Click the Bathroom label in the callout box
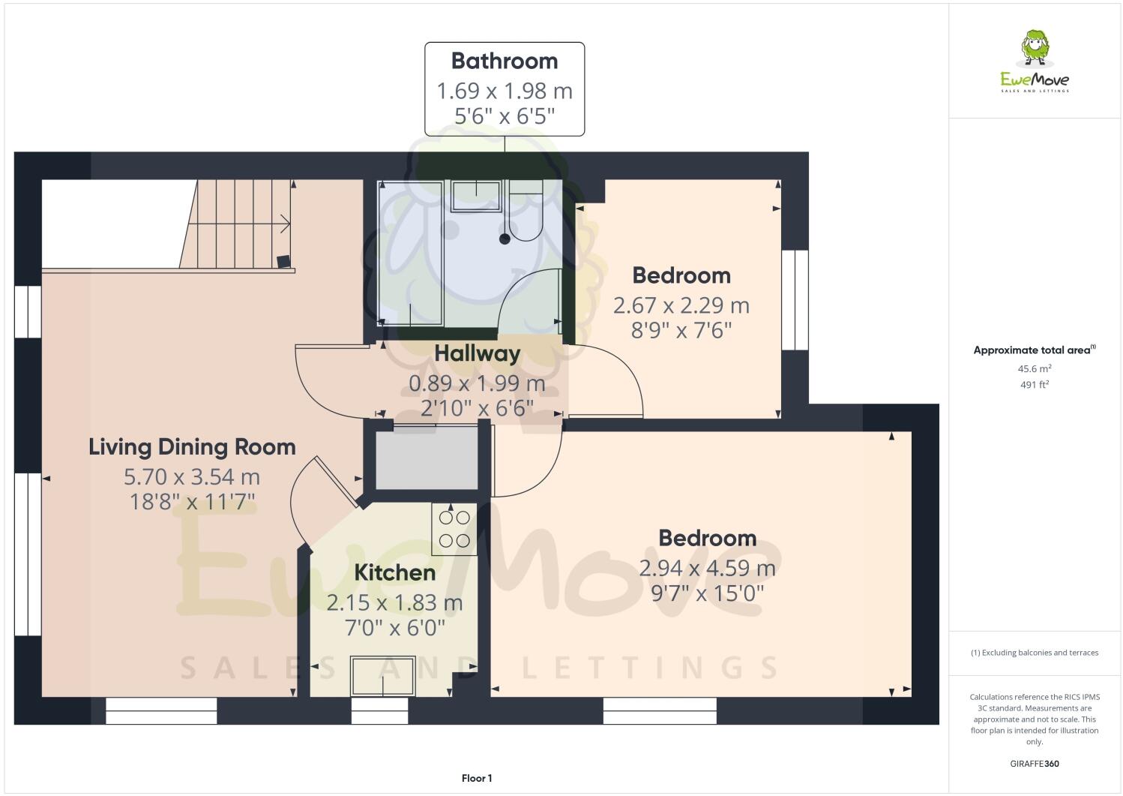point(504,61)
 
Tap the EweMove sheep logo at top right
point(1035,49)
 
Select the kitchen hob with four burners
point(454,529)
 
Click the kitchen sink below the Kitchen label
point(383,676)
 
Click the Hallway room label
point(477,353)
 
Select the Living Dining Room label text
point(192,447)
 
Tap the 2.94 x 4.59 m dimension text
point(707,568)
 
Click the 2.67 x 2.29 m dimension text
point(681,305)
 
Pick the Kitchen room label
point(394,572)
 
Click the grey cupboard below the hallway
point(427,458)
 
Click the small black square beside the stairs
point(283,261)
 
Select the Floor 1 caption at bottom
point(477,778)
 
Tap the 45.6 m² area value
point(1035,368)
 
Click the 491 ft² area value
point(1035,384)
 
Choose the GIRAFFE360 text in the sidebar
point(1035,764)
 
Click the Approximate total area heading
point(1034,350)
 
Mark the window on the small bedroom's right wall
point(795,300)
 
